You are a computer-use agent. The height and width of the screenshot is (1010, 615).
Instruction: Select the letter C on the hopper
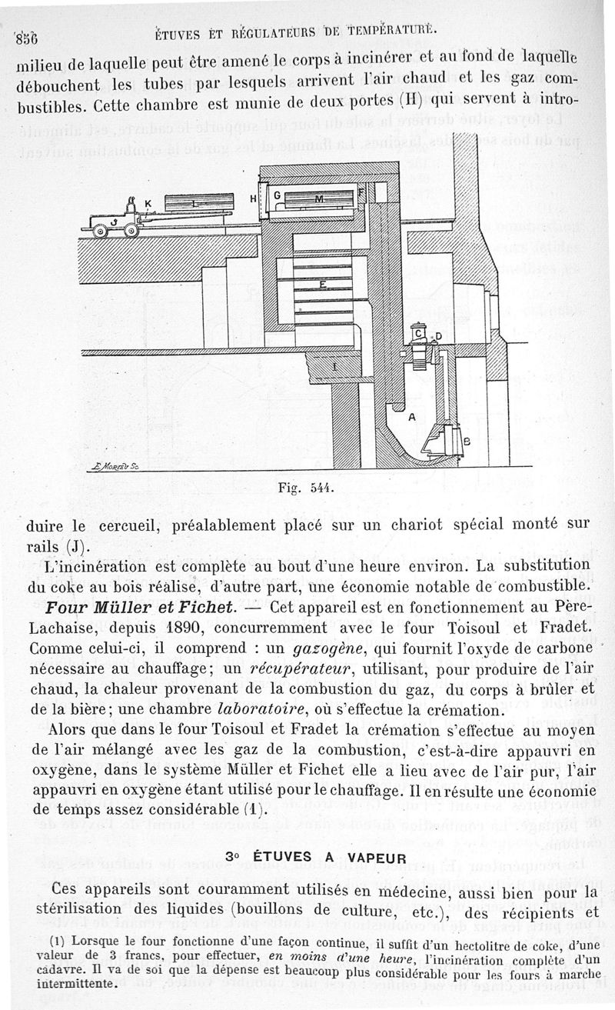click(419, 333)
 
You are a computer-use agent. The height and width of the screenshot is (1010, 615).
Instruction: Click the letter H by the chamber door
click(252, 199)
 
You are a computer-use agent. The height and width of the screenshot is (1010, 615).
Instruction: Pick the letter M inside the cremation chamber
click(319, 199)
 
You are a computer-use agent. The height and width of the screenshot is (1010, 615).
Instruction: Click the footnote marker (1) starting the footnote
click(55, 938)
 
